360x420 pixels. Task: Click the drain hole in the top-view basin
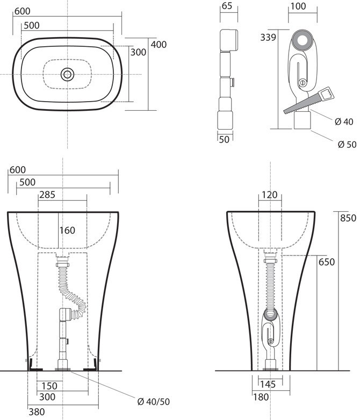67,74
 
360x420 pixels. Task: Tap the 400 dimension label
159,45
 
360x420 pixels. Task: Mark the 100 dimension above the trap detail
299,6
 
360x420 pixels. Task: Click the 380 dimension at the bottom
37,412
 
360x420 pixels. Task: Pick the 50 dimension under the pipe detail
225,139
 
